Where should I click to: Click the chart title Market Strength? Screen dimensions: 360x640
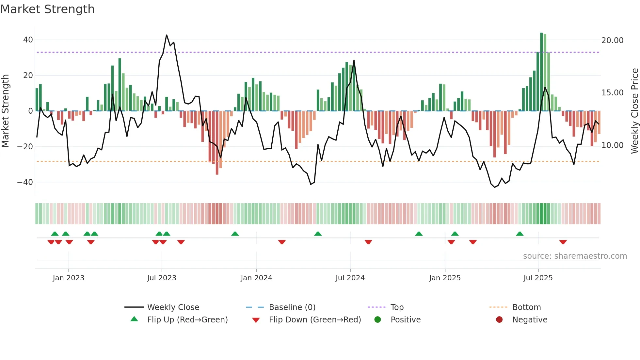[x=47, y=9]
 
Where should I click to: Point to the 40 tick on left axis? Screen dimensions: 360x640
[x=28, y=40]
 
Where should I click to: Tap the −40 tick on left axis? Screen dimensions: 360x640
[x=25, y=182]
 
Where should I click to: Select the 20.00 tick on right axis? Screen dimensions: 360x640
[x=612, y=41]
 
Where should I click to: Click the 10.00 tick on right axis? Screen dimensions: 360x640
[x=612, y=145]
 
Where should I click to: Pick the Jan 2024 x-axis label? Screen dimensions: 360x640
[x=256, y=278]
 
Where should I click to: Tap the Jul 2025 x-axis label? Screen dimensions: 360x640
[x=538, y=278]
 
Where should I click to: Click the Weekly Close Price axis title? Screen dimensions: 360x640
[x=634, y=111]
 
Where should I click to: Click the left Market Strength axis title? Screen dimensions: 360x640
[x=5, y=111]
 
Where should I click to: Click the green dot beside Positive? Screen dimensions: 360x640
[x=377, y=320]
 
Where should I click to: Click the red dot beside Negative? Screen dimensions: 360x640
[x=499, y=320]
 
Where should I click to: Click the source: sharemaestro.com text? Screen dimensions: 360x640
[x=575, y=256]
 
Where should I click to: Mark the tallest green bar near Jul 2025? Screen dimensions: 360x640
[x=541, y=72]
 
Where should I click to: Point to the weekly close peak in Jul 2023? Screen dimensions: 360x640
[x=167, y=35]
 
